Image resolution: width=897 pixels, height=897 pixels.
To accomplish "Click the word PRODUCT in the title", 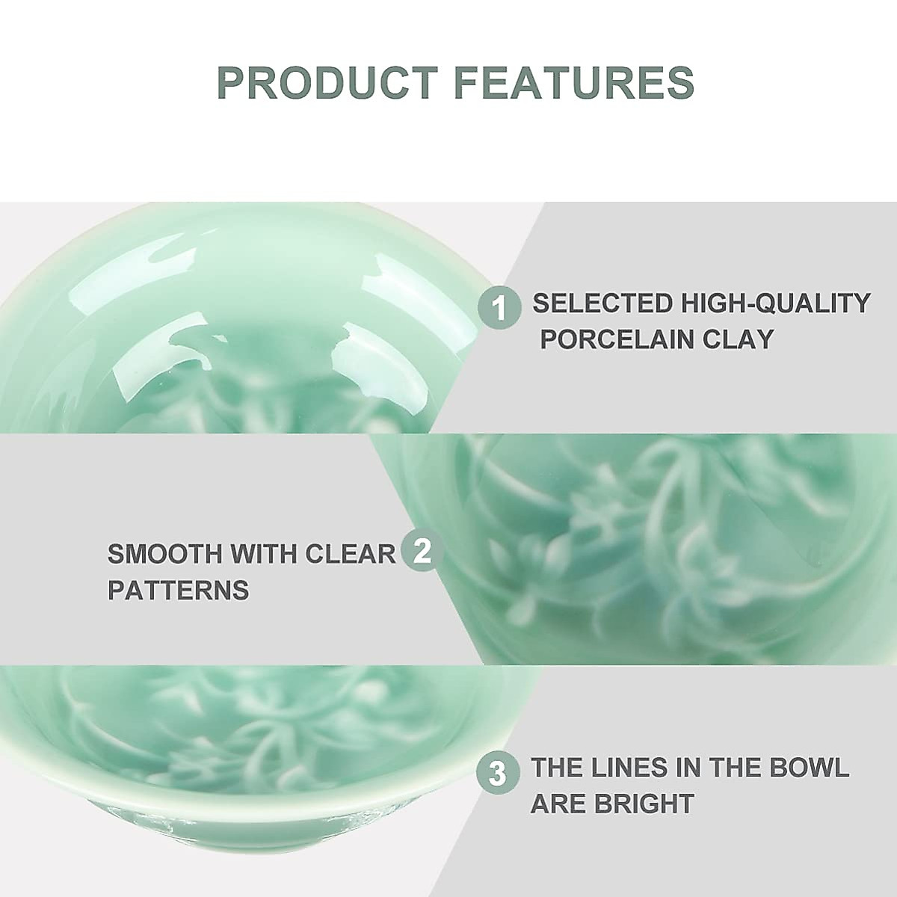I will (x=327, y=83).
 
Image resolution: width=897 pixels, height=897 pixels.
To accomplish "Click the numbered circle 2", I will (x=422, y=552).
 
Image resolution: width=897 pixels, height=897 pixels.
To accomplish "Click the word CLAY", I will (x=739, y=339).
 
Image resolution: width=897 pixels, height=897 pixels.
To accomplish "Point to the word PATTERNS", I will (x=178, y=591).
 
